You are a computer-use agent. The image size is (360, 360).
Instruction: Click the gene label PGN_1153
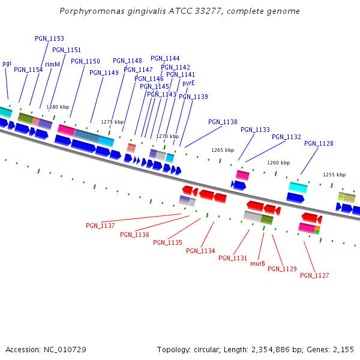pos(49,38)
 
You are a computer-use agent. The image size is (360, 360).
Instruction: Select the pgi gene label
pos(7,63)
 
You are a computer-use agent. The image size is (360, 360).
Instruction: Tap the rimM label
pos(53,64)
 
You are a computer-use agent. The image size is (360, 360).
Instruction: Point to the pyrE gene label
pos(188,83)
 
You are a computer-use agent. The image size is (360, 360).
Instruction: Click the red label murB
pos(257,263)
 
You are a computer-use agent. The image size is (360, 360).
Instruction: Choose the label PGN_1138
pos(223,122)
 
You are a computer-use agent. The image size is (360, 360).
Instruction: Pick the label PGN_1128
pos(319,143)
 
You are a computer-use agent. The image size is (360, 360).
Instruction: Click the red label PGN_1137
pos(100,226)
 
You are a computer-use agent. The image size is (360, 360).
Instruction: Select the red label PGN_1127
pos(314,275)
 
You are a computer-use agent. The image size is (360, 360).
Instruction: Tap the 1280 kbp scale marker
pos(58,107)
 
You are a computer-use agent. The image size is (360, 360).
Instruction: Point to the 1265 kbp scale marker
pos(223,150)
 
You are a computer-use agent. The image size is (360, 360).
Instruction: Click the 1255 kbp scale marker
pos(334,175)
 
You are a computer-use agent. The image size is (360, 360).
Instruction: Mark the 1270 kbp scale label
pos(167,136)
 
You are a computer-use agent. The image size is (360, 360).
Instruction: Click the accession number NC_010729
pos(65,349)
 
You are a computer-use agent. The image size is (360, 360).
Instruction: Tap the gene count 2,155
pos(343,349)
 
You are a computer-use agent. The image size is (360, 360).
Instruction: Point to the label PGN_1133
pos(255,130)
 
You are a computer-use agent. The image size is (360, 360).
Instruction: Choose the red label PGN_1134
pos(200,251)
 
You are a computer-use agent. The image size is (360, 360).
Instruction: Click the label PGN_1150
pos(85,61)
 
